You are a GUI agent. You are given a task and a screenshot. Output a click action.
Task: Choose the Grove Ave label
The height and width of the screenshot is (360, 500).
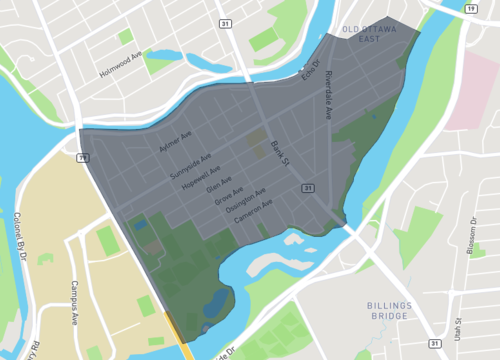[229, 196]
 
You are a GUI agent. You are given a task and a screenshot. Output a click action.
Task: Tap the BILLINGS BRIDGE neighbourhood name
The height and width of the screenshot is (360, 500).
[371, 309]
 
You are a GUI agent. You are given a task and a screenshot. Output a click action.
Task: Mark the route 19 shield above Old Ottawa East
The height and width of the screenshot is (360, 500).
[470, 8]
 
